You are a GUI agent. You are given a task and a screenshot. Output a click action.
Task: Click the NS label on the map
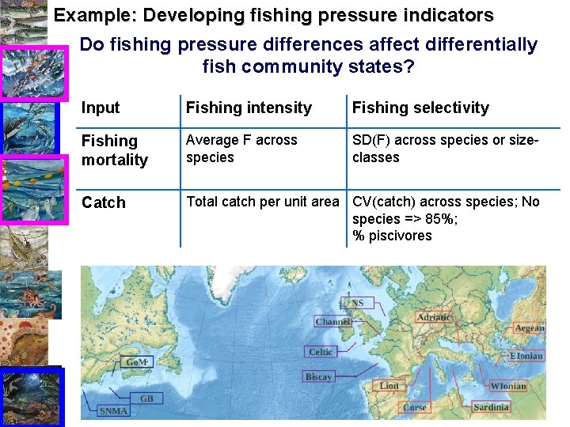coord(358,303)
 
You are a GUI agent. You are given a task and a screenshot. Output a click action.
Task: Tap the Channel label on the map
coord(332,322)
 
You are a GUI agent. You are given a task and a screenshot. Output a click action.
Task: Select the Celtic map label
coord(321,352)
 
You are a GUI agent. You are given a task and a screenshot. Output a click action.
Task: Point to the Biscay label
coord(318,377)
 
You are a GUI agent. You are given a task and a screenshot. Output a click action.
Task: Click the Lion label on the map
coord(389,386)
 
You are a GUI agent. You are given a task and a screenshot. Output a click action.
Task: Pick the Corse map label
coord(415,408)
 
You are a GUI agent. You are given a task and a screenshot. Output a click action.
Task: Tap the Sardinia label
coord(491,407)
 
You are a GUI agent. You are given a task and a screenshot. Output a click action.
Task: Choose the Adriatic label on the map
coord(433,317)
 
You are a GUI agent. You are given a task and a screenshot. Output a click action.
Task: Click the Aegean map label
coord(529,328)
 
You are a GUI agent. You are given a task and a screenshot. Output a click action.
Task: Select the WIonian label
coord(507,386)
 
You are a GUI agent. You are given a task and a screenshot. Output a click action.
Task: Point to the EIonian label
coord(526,356)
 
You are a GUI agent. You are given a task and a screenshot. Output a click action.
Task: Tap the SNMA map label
coord(113,411)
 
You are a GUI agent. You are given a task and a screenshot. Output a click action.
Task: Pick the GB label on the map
coord(146,399)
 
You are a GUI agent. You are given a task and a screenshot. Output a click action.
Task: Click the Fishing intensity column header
coord(249,108)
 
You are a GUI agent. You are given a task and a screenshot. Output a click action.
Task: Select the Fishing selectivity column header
coord(420,108)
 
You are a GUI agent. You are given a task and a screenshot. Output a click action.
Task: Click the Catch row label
coord(104,202)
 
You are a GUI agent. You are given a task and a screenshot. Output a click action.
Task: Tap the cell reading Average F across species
coord(241,149)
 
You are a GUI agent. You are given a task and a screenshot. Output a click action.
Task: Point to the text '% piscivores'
coord(392,236)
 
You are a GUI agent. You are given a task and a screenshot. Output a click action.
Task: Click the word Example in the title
coord(86,15)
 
